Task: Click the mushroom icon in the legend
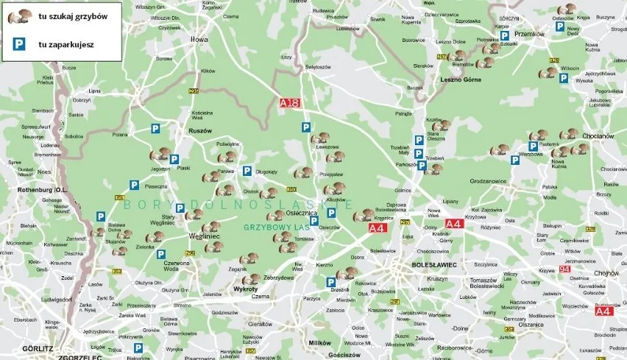pos(20,16)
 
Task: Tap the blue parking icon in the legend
pos(17,43)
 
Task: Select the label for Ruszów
pos(200,130)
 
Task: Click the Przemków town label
pos(528,34)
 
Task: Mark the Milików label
pos(321,343)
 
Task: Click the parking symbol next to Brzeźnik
pos(331,283)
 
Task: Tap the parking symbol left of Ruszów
pos(156,128)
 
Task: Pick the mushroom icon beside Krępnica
pos(364,216)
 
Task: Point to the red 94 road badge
pos(564,269)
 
